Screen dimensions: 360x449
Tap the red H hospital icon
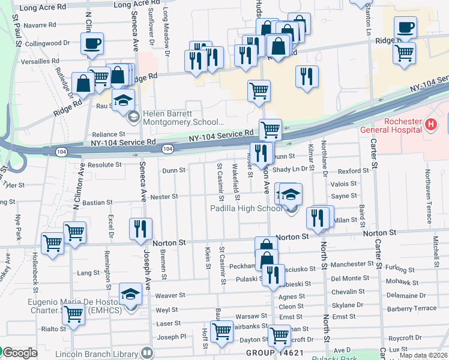tap(429, 125)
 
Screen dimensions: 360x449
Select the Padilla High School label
tap(246, 208)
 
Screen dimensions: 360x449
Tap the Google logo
tap(19, 353)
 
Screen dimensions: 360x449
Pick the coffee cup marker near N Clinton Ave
tap(93, 43)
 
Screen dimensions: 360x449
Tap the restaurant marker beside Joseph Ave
tap(140, 229)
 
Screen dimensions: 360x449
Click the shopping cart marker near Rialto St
tap(74, 314)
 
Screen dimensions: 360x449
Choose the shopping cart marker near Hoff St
tap(221, 330)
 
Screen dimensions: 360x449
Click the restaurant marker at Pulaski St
tap(273, 275)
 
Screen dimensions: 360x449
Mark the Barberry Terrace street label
tap(411, 308)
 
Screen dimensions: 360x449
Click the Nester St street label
tap(164, 196)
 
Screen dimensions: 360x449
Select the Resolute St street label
tap(105, 164)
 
